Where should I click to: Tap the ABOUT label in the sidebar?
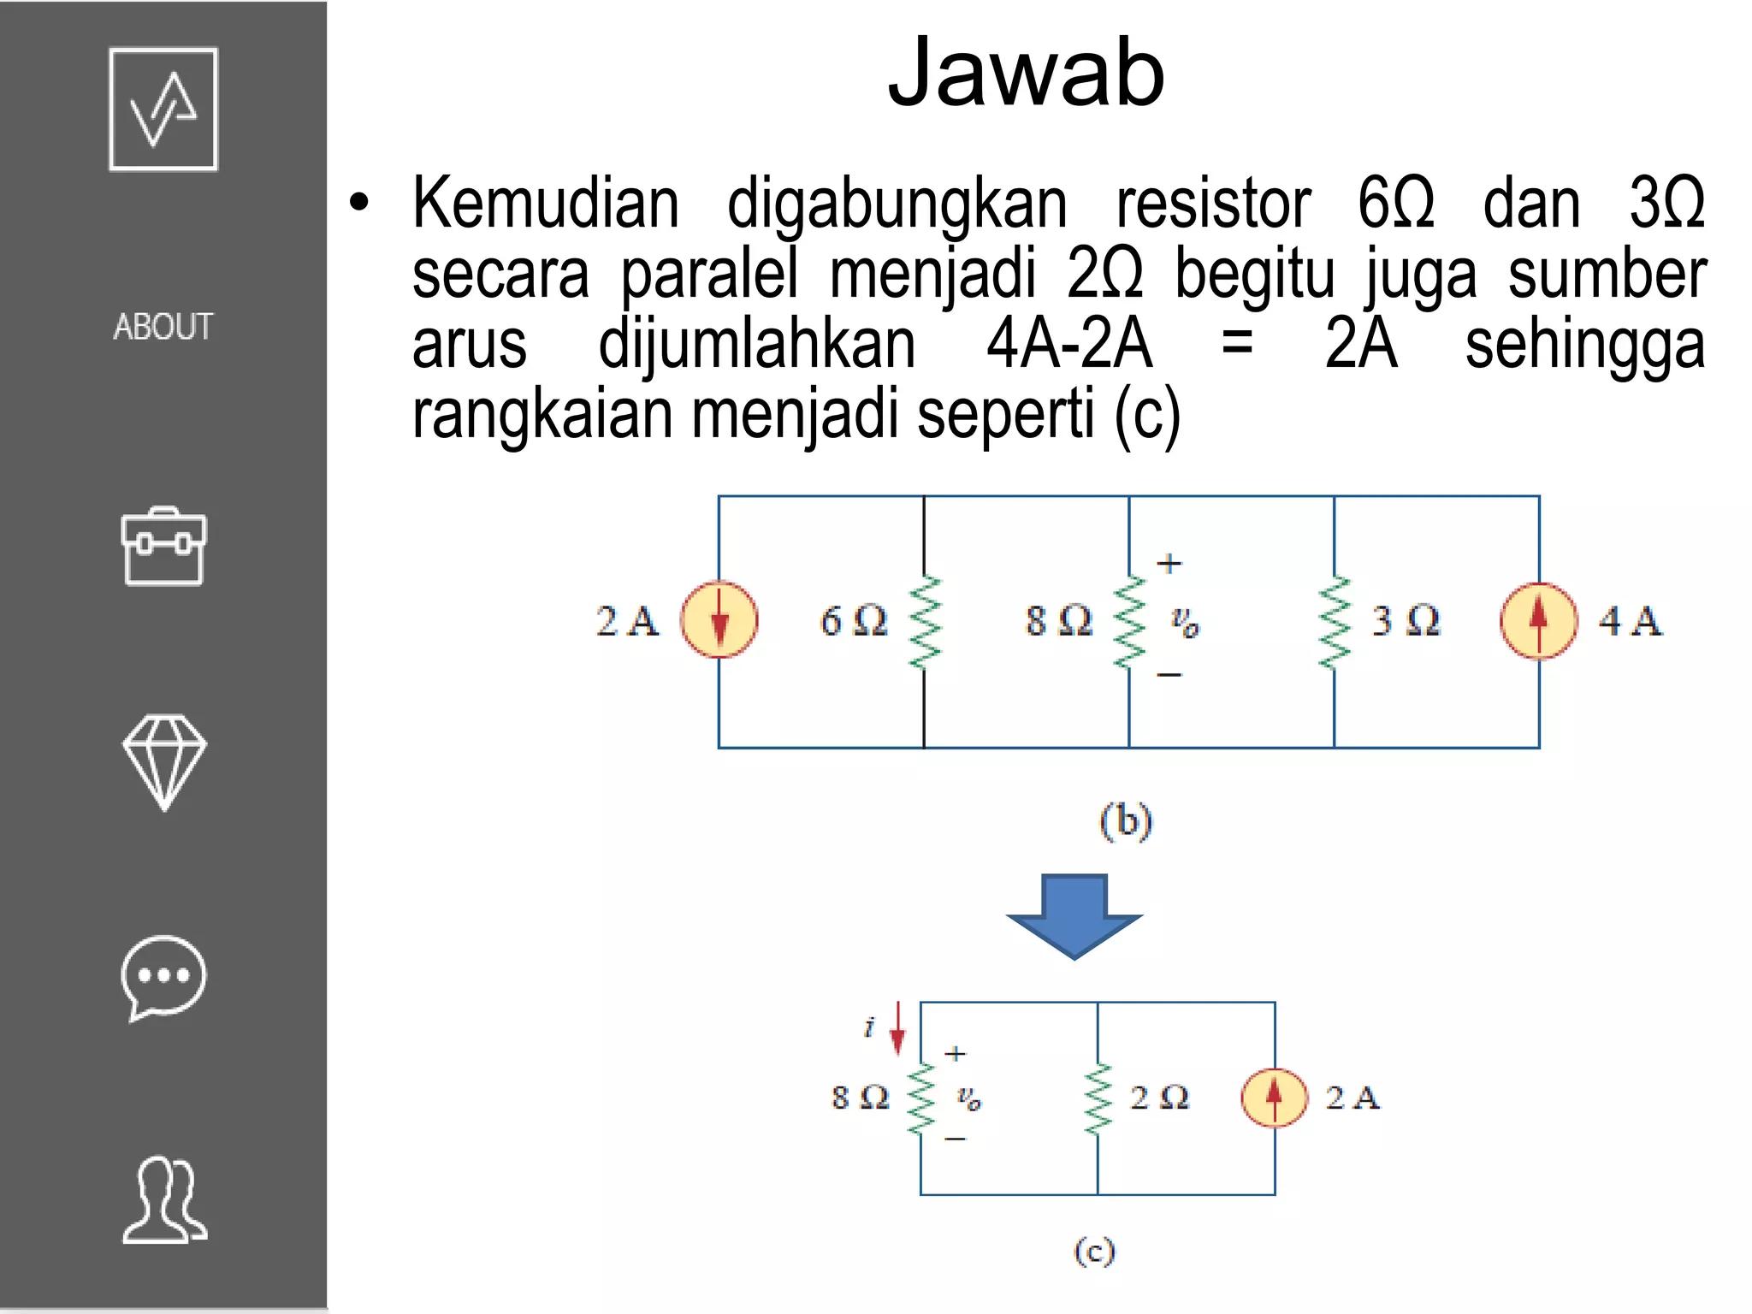tap(163, 327)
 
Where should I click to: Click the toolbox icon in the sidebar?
tap(163, 547)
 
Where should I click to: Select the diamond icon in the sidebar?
tap(163, 761)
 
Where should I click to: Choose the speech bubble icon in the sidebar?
tap(163, 977)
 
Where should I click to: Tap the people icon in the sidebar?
tap(164, 1199)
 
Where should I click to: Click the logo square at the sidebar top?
tap(163, 109)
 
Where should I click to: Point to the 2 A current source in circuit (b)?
tap(719, 620)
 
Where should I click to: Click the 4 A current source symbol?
tap(1538, 621)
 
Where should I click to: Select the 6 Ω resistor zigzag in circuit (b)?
tap(925, 621)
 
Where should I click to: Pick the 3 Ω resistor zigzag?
tap(1335, 621)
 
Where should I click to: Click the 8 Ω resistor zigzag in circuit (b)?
tap(1129, 621)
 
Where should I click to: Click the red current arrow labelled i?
tap(897, 1028)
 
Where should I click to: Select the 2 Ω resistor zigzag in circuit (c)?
tap(1098, 1098)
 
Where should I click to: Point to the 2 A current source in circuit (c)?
tap(1275, 1098)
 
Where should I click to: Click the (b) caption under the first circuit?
tap(1126, 821)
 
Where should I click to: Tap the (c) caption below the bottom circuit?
tap(1094, 1251)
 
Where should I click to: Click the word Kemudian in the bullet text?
tap(546, 204)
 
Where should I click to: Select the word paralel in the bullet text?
tap(708, 274)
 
